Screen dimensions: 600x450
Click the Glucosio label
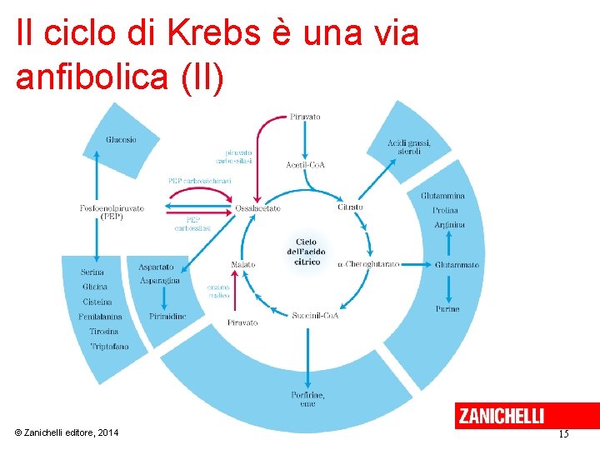click(121, 139)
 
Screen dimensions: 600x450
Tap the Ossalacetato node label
click(258, 207)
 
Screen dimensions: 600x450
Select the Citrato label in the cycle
click(350, 207)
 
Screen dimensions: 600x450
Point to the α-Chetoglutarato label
click(368, 264)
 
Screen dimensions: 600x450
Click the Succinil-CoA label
click(316, 315)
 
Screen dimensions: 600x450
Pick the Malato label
click(243, 264)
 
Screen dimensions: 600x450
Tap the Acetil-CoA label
click(305, 164)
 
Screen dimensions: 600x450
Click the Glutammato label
click(457, 265)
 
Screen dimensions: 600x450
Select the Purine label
click(447, 309)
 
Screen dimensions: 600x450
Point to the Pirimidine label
click(167, 317)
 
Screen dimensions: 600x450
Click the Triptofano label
click(109, 346)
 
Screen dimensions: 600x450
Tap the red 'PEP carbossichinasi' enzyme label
click(199, 180)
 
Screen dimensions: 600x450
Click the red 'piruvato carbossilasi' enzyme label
click(238, 157)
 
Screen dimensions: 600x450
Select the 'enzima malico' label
click(219, 291)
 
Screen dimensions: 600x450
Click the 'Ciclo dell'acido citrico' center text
click(307, 252)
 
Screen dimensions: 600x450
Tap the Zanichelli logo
click(500, 415)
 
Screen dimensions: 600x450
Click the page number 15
click(563, 433)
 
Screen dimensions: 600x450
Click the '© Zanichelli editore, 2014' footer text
click(67, 432)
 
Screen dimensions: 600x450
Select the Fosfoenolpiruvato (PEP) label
click(112, 212)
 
